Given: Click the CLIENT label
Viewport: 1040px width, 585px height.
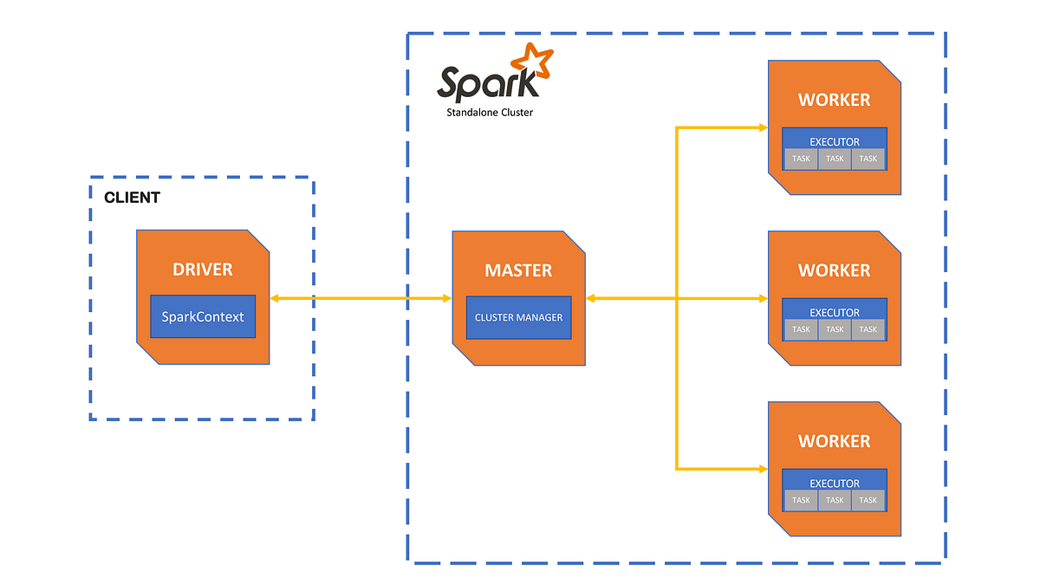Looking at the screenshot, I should (x=132, y=198).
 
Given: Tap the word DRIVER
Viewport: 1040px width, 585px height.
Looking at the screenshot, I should (x=203, y=270).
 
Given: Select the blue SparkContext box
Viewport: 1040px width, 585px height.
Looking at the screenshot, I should (x=203, y=316).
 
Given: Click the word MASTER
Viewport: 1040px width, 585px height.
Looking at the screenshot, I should (x=518, y=270).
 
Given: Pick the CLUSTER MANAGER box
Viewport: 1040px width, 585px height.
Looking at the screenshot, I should (x=518, y=317).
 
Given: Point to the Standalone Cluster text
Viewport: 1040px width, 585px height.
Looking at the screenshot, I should (x=490, y=113).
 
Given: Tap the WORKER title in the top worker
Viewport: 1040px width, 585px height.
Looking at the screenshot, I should (x=834, y=100).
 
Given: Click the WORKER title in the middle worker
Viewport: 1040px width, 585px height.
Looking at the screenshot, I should (x=834, y=270).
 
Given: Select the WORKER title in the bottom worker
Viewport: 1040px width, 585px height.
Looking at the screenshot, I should (x=834, y=441).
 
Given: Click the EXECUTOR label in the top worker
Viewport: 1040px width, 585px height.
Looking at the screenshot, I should (x=835, y=141).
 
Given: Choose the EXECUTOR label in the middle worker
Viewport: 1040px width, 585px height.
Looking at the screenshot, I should (x=835, y=312).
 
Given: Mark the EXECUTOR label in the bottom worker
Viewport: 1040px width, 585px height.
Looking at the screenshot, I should (x=835, y=483).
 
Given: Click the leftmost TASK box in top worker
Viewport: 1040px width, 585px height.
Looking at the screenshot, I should (x=802, y=159).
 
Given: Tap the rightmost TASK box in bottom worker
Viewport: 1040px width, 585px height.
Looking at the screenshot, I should (x=868, y=500).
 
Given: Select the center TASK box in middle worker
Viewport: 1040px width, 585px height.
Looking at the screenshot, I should (x=835, y=329).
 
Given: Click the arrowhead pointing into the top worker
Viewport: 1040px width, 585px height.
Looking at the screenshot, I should (x=763, y=127).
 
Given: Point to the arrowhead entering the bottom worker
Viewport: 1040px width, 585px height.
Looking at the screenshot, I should (x=763, y=469).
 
